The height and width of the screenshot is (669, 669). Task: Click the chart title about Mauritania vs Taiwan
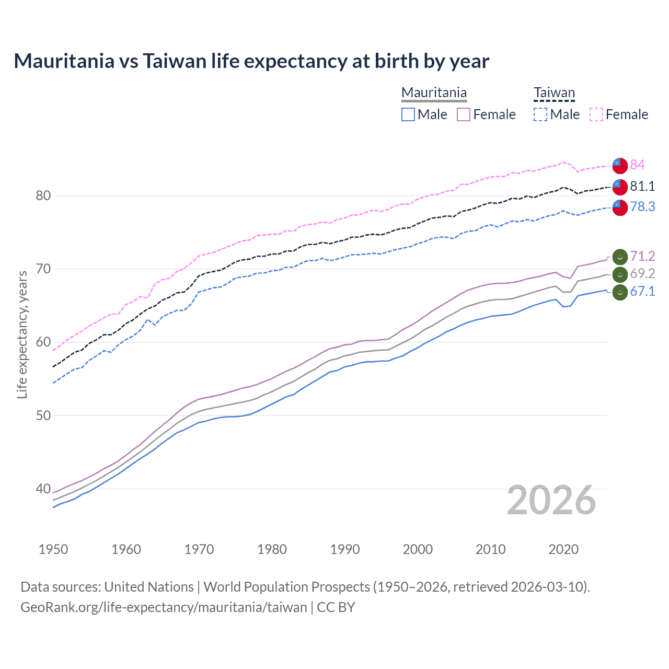[251, 61]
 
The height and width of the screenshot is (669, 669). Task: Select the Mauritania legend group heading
[434, 93]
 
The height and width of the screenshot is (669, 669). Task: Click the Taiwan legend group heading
[554, 93]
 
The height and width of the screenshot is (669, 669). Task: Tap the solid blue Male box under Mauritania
[408, 114]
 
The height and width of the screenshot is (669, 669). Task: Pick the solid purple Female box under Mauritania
[464, 114]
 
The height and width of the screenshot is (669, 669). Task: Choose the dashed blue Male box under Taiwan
[540, 114]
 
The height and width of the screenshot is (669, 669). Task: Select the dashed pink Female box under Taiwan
[596, 114]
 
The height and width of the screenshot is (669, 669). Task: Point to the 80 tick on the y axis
[43, 195]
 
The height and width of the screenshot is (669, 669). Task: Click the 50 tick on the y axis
[43, 416]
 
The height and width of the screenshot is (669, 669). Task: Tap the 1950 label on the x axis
[53, 549]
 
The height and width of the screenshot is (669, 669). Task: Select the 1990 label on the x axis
[345, 549]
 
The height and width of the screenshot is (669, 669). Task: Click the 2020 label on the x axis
[563, 549]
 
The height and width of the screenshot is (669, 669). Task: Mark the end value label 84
[637, 165]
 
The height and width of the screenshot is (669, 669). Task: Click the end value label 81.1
[642, 186]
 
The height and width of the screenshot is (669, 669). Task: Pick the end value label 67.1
[642, 291]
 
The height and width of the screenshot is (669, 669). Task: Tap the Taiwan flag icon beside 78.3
[620, 207]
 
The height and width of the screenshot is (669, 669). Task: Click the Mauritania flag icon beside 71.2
[620, 257]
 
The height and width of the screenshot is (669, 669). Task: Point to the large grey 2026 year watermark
[551, 500]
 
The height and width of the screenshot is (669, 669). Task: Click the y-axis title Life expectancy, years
[22, 334]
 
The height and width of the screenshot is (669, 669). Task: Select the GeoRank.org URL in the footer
[164, 607]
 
